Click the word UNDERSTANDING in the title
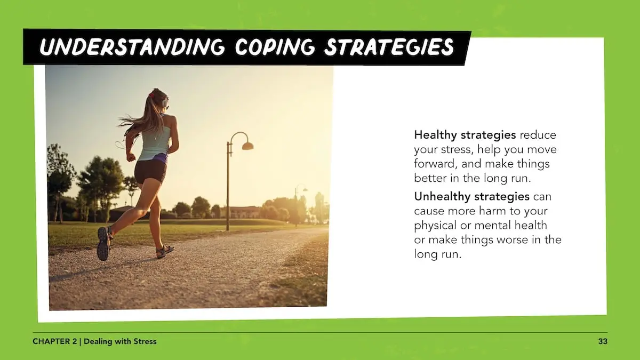[x=132, y=46]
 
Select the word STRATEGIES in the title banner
[x=389, y=47]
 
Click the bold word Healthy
[x=435, y=135]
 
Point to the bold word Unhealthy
[x=442, y=197]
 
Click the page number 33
[x=603, y=341]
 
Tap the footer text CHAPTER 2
[x=54, y=341]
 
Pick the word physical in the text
[x=435, y=226]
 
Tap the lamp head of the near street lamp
[x=247, y=146]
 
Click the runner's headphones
[x=165, y=102]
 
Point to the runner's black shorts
[x=150, y=171]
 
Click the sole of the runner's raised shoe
[x=102, y=244]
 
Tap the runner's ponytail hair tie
[x=151, y=94]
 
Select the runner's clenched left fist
[x=131, y=157]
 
